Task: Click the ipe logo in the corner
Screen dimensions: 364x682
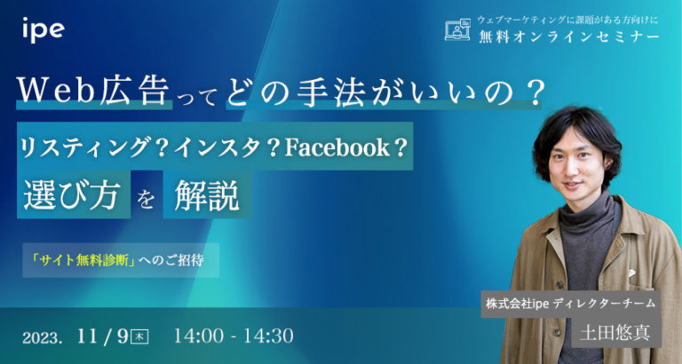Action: [43, 28]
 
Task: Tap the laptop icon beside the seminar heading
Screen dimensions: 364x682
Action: [456, 29]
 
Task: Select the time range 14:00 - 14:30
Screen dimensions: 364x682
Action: [234, 337]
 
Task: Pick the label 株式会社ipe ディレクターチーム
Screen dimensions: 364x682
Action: [571, 304]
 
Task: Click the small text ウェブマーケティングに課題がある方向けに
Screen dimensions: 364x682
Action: [555, 19]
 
